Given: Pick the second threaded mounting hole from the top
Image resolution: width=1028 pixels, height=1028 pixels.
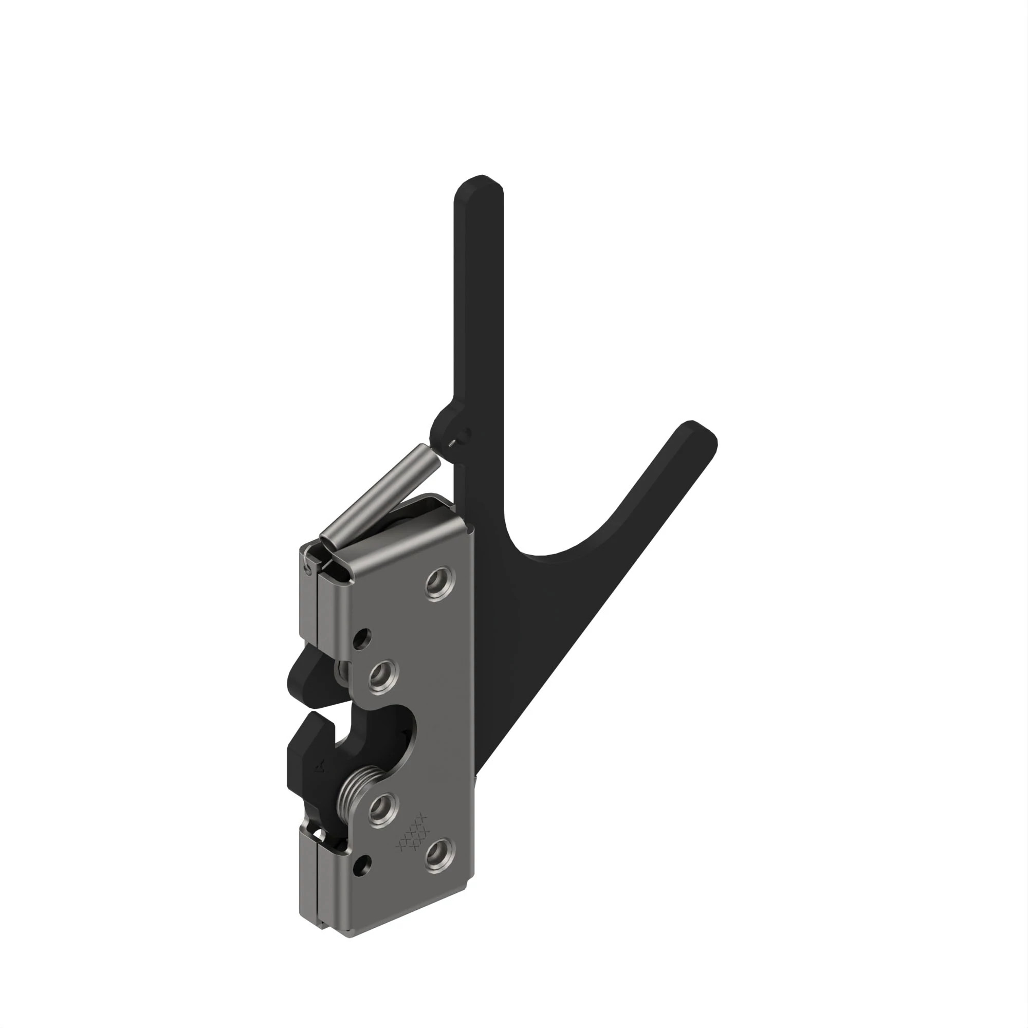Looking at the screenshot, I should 382,675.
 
